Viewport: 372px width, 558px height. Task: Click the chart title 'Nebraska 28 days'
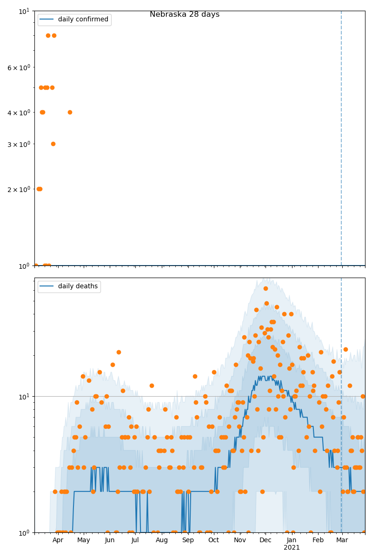pos(185,14)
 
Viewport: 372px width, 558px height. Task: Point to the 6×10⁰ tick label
pos(19,67)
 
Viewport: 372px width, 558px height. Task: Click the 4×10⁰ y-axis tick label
pos(19,112)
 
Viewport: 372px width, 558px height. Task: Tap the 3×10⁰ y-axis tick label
pos(19,144)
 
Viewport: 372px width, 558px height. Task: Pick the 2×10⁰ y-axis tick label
pos(19,189)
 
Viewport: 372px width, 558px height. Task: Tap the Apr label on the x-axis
pos(58,540)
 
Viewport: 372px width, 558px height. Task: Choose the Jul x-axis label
pos(135,540)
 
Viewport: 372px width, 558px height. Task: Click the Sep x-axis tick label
pos(188,540)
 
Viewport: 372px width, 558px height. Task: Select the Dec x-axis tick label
pos(266,540)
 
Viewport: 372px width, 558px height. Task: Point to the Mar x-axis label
pos(342,540)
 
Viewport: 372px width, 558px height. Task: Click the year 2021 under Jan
pos(292,547)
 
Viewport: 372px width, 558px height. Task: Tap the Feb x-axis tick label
pos(318,540)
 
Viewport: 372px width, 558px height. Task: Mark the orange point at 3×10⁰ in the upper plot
pos(53,144)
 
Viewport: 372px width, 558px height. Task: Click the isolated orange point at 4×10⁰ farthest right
pos(70,112)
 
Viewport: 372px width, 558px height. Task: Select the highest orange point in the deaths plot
pos(266,288)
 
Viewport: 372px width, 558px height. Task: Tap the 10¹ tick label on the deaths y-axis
pos(25,396)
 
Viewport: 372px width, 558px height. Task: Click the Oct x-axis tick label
pos(213,540)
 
